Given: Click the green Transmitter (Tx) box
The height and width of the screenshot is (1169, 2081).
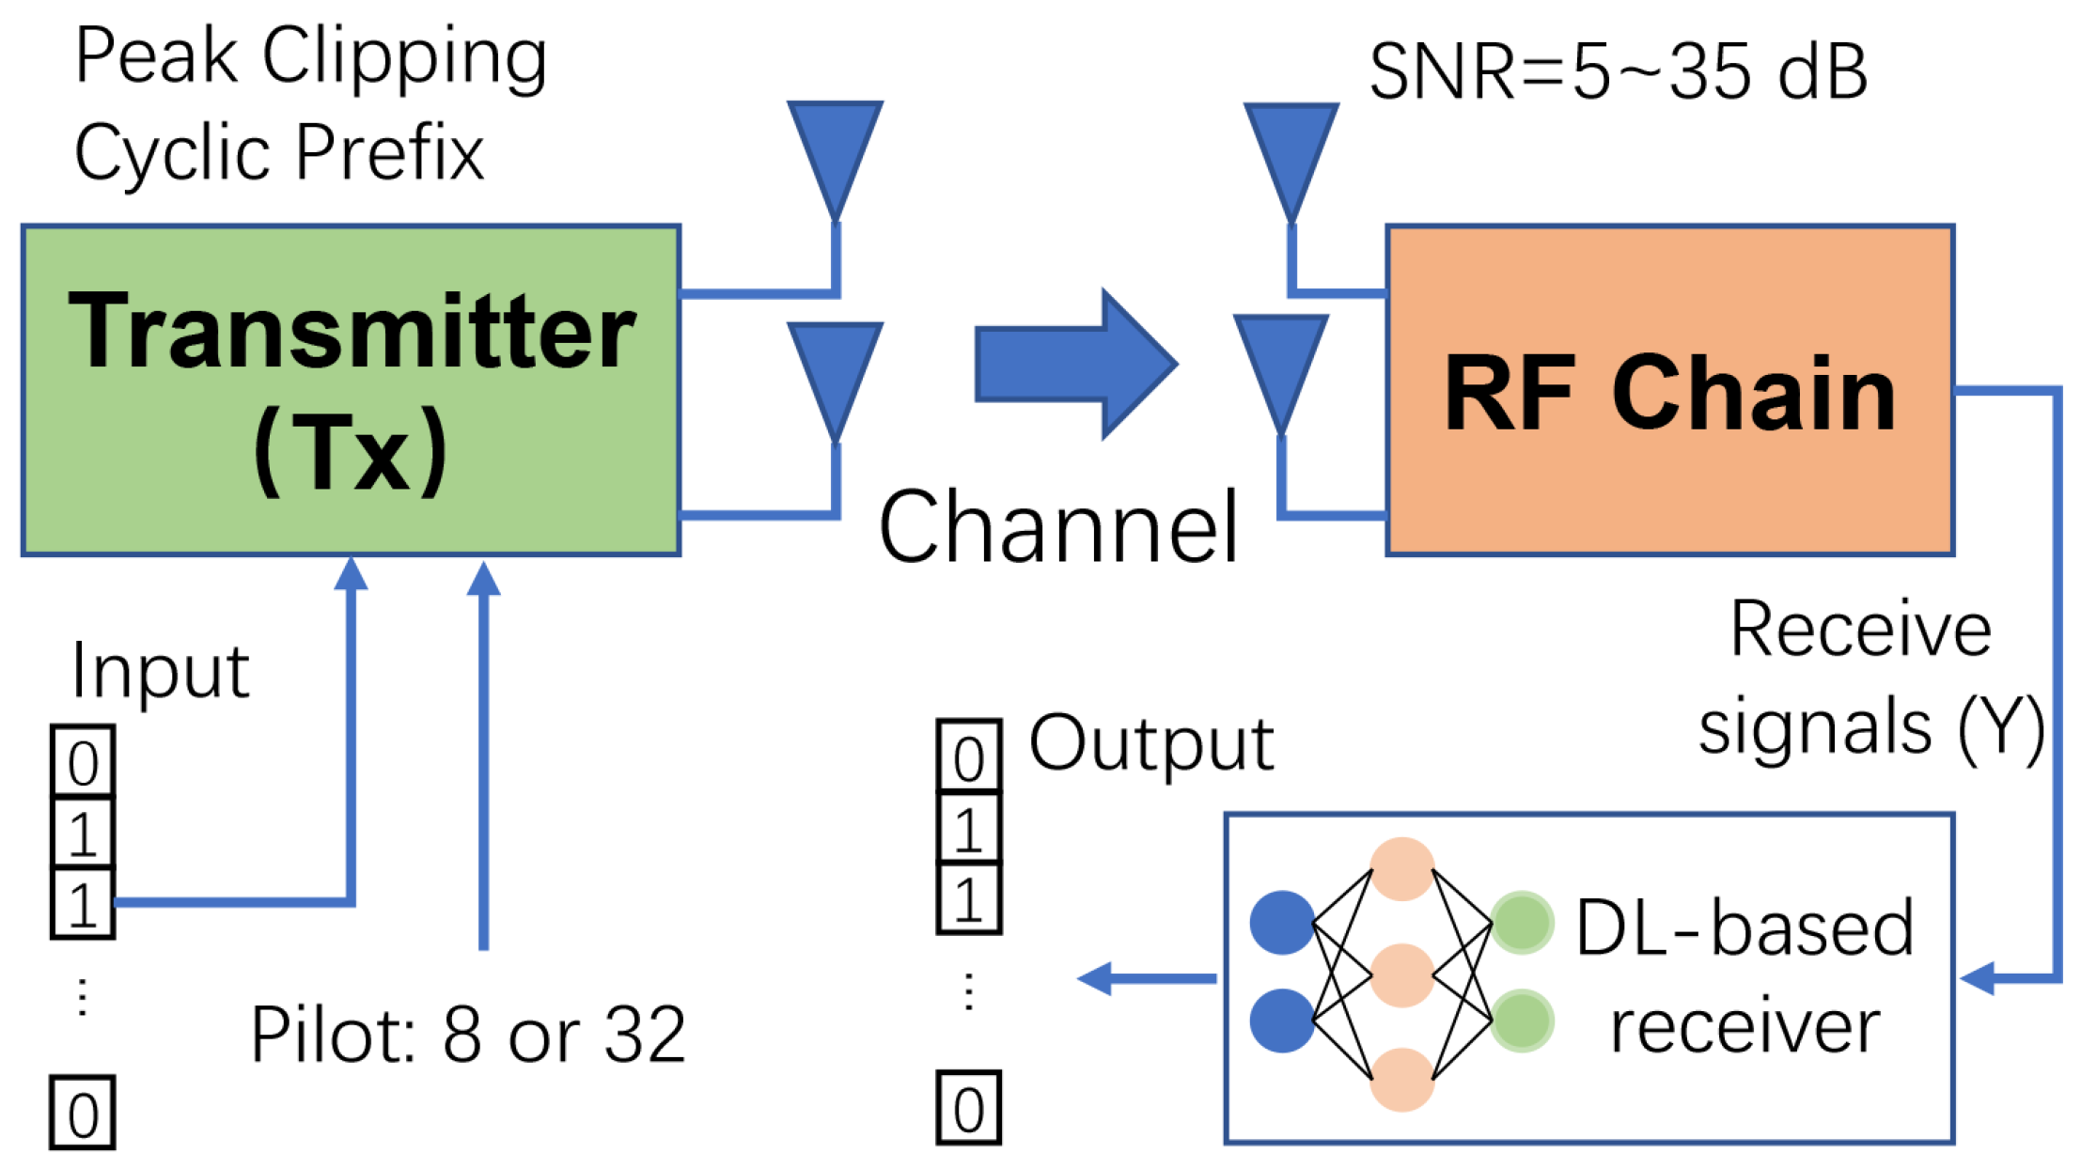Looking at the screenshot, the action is (x=351, y=390).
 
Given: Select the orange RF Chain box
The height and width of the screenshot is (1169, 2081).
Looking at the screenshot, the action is (x=1669, y=390).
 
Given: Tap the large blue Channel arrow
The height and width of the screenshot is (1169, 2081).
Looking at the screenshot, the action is (x=1076, y=364).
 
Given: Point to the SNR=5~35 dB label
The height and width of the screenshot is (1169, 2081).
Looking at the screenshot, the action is (x=1618, y=71).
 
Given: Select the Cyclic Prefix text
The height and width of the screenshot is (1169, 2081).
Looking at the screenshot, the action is (x=279, y=152).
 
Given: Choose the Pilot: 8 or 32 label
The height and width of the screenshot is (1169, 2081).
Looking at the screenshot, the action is (x=468, y=1035).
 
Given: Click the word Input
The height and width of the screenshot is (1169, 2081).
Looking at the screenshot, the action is (x=161, y=672).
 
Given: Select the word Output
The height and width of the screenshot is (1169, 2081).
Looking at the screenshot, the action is (x=1152, y=743).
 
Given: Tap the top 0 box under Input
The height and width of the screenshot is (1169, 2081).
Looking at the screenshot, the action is (x=83, y=761).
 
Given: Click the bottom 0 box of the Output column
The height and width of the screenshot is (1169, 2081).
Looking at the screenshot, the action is (x=969, y=1108).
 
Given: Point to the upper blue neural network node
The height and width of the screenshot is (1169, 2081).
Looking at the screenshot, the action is (x=1282, y=923).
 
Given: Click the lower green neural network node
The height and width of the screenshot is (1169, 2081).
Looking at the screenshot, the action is (x=1522, y=1021).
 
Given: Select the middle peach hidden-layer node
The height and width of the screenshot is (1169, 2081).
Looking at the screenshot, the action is (x=1402, y=975).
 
